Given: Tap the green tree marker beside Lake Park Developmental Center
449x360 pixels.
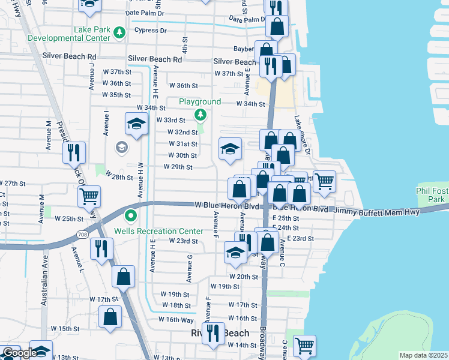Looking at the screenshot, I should pos(119,31).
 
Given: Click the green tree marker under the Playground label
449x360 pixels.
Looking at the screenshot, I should pos(200,115).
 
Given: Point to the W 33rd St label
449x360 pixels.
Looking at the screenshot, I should pos(171,120).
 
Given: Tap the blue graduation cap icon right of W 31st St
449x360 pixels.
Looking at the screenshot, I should pos(229,149).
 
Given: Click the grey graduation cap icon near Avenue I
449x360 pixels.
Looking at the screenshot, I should pos(122,147).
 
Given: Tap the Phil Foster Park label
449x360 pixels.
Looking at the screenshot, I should pos(431,194).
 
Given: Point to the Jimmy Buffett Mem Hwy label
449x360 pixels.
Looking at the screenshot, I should pos(390,212).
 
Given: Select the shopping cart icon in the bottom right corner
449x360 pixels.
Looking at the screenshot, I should pos(304,346).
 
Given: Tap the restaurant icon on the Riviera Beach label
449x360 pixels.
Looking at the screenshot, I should pos(212,332).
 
